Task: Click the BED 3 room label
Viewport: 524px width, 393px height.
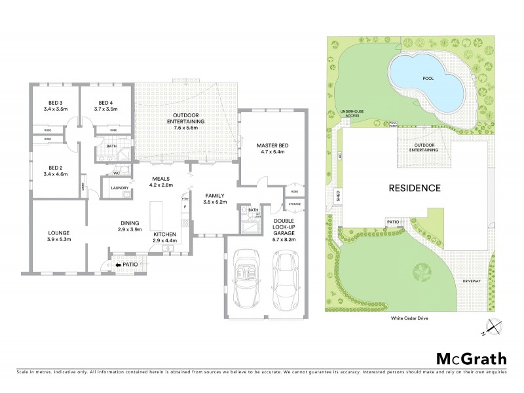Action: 55,102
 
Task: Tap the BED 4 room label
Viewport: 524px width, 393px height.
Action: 105,102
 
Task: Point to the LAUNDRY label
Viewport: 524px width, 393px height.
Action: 119,188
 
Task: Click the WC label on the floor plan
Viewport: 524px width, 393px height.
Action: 116,174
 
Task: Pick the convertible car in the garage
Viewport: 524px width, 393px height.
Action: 247,278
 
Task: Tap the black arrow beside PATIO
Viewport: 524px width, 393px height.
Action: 119,265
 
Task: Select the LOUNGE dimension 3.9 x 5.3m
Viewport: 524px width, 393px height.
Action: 58,240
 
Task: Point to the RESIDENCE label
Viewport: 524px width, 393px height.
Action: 415,188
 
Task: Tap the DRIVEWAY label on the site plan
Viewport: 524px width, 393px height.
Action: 471,281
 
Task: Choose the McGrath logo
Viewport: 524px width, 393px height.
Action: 472,358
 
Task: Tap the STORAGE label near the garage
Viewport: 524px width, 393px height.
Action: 294,205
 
